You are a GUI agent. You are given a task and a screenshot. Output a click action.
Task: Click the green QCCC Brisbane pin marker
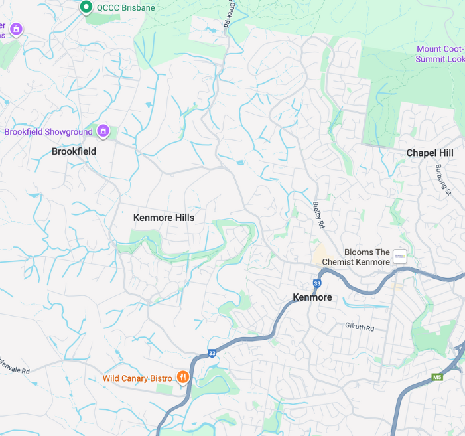(x=86, y=7)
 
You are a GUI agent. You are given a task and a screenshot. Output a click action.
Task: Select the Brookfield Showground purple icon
(x=103, y=131)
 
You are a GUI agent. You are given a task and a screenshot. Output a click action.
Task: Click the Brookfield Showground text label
(x=48, y=132)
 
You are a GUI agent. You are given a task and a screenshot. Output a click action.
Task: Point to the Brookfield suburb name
(x=74, y=151)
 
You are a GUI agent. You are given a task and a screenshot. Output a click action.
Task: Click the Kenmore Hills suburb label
(x=164, y=218)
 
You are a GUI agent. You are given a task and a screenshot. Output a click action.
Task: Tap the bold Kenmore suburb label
(x=312, y=297)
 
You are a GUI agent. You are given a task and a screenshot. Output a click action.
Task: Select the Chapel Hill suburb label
(x=430, y=153)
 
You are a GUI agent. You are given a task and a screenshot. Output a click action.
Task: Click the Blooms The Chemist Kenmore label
(x=356, y=257)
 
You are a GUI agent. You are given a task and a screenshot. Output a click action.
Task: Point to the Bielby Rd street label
(x=319, y=216)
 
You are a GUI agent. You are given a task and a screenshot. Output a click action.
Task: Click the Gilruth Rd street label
(x=360, y=328)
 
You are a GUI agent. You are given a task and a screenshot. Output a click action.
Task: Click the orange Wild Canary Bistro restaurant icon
(x=183, y=378)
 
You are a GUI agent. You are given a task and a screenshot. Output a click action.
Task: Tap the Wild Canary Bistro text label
(x=137, y=378)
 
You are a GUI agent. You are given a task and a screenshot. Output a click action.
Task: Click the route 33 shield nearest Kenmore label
(x=317, y=283)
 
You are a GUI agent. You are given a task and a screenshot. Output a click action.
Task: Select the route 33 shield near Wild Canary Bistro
(x=212, y=353)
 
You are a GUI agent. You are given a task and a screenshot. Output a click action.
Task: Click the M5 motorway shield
(x=437, y=377)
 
